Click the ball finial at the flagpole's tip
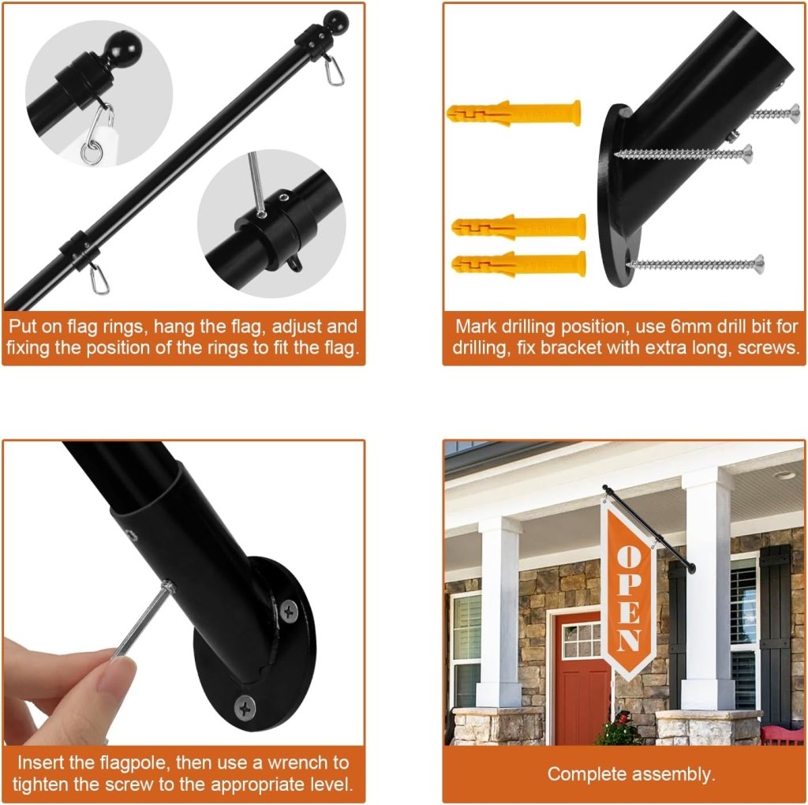pyautogui.click(x=335, y=21)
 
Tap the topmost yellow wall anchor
pyautogui.click(x=514, y=113)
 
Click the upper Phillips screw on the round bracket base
pyautogui.click(x=289, y=611)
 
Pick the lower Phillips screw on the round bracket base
pyautogui.click(x=245, y=708)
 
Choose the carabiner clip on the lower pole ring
pyautogui.click(x=99, y=278)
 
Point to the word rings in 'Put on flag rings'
pyautogui.click(x=125, y=326)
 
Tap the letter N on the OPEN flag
pyautogui.click(x=629, y=641)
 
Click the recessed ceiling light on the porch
pyautogui.click(x=784, y=475)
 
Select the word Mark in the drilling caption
pyautogui.click(x=475, y=326)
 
